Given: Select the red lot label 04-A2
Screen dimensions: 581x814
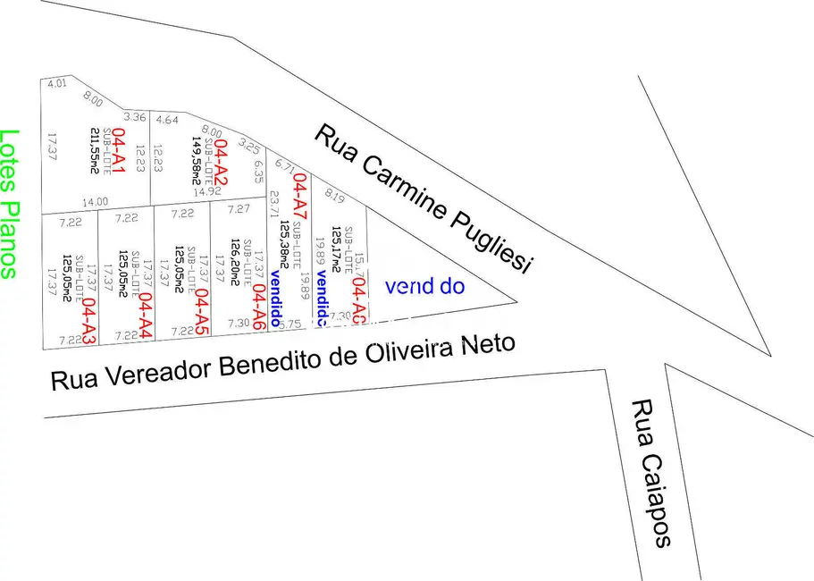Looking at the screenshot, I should (220, 159).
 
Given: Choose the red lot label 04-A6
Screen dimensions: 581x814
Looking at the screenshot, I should (257, 307).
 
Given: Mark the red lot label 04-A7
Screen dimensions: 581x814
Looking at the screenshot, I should (300, 196).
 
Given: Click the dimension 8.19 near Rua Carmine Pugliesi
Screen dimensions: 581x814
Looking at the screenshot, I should (335, 195).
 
